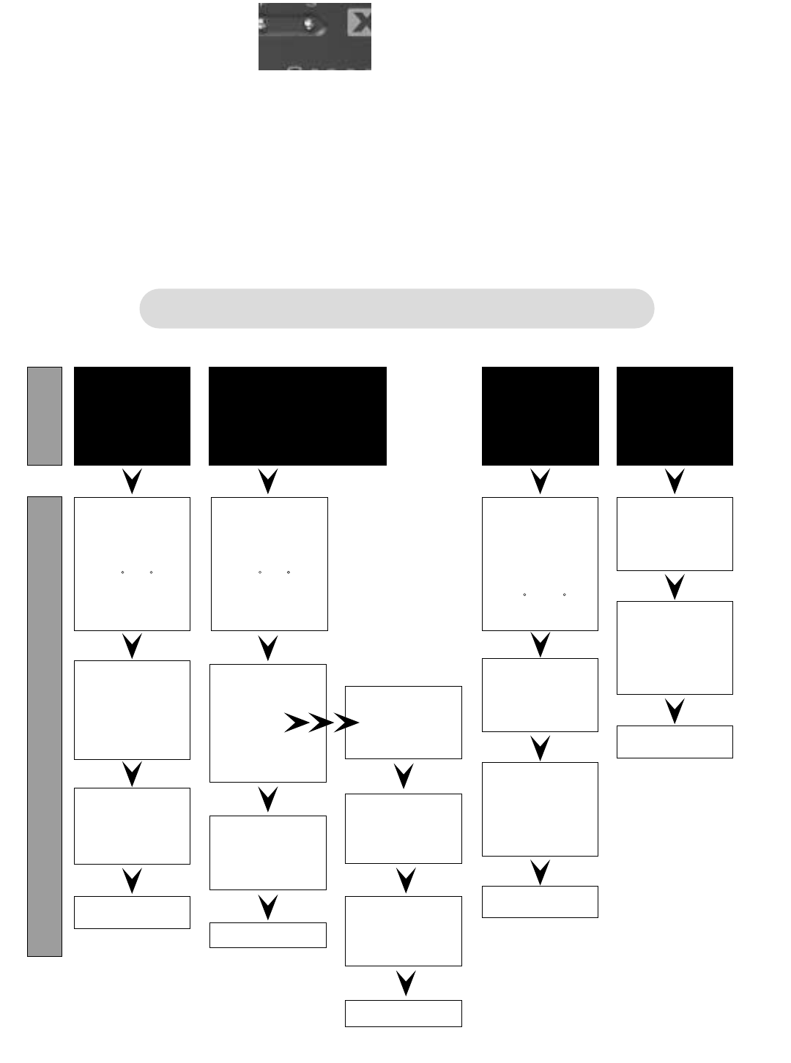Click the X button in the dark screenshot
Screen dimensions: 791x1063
point(359,23)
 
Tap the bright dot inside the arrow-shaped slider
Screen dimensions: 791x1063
point(310,23)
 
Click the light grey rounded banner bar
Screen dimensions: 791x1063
point(396,308)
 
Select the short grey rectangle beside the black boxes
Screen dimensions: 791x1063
point(45,416)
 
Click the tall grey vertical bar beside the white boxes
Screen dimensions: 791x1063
point(45,726)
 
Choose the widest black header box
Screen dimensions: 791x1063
point(297,416)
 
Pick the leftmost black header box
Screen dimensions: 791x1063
point(132,416)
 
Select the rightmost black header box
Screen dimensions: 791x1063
point(675,416)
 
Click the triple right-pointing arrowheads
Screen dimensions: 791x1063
point(321,723)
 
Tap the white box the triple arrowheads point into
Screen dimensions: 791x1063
point(404,723)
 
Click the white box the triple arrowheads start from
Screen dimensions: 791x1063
point(268,723)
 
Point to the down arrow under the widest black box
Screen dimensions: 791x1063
point(268,481)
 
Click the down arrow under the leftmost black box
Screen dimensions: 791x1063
point(132,481)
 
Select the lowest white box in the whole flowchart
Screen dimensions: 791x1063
point(404,1013)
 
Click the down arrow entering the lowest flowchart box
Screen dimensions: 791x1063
point(406,982)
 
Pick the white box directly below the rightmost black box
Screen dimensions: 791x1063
point(675,534)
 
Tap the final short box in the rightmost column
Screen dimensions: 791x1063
point(675,742)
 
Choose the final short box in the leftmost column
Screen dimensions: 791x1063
point(132,912)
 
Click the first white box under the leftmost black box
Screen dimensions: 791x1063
point(132,564)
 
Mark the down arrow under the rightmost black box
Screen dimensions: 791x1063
point(675,481)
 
